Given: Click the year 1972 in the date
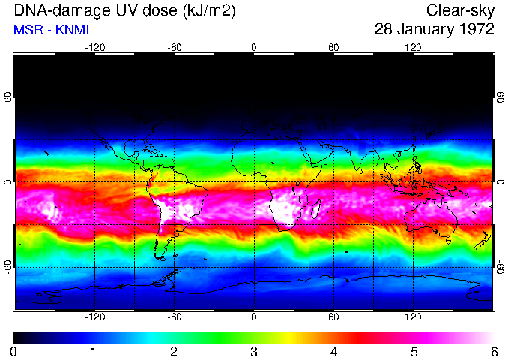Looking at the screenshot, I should (x=474, y=30).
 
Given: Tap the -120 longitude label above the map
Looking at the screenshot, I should (x=94, y=47).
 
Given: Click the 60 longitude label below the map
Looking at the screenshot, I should (x=333, y=316).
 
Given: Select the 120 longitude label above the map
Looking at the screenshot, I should (x=413, y=47).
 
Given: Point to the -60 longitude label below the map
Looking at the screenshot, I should (x=174, y=316).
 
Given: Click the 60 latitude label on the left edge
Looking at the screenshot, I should (x=8, y=98).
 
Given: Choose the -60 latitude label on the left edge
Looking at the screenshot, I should (x=8, y=266).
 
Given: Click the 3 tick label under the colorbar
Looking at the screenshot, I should (x=253, y=351).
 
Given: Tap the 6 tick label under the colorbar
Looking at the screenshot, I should (x=493, y=351).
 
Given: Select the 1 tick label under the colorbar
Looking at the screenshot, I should (x=94, y=351).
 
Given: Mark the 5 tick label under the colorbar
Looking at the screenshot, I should (x=413, y=351).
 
